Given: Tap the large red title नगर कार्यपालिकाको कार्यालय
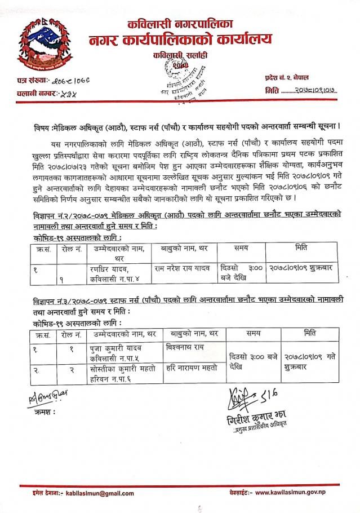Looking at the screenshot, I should click(180, 39).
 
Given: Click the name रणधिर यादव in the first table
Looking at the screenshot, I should click(115, 267).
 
